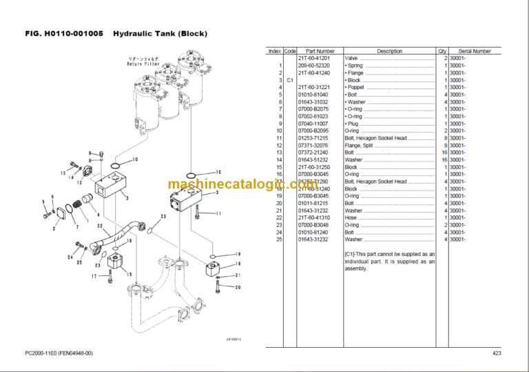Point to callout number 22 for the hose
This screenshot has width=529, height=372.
[101, 226]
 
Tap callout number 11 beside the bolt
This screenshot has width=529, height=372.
[218, 214]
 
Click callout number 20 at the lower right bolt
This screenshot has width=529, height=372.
[238, 287]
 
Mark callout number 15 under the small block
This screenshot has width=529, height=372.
[129, 274]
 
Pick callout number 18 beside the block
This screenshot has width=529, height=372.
[238, 264]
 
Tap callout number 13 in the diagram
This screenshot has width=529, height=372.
[62, 173]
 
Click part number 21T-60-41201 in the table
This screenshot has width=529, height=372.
[313, 59]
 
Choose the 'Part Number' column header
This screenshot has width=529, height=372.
[320, 51]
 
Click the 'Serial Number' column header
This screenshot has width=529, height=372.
[475, 51]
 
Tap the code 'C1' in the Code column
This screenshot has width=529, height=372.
[290, 80]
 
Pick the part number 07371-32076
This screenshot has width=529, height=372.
[313, 146]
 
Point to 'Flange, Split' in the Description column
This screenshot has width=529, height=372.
[360, 146]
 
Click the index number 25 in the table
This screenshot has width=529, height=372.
[279, 239]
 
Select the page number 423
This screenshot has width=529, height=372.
[496, 354]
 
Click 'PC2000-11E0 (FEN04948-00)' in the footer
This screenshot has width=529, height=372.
[59, 354]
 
